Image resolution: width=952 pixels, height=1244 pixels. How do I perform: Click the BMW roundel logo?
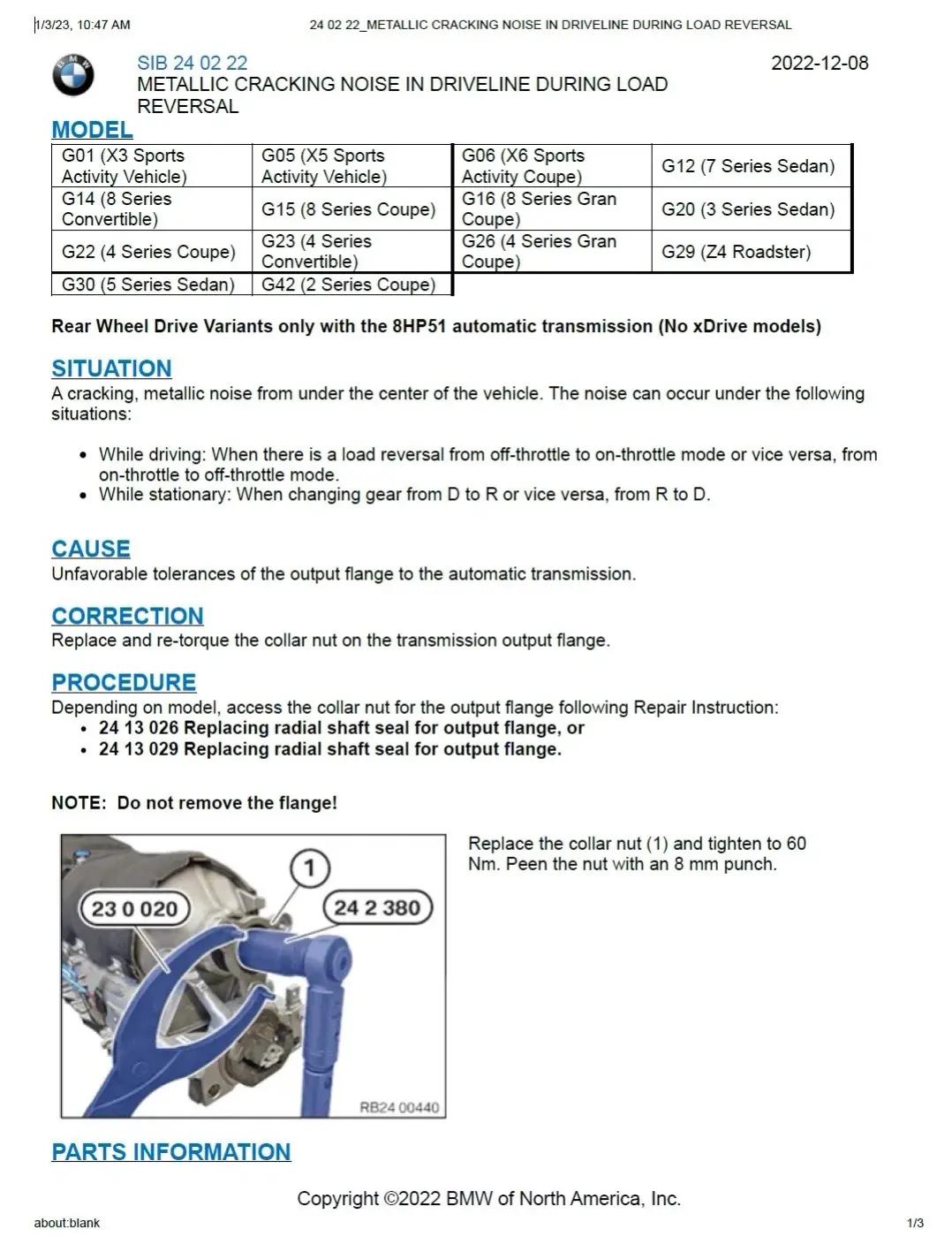[x=73, y=75]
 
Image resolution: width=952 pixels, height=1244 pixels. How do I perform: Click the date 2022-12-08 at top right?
[x=819, y=63]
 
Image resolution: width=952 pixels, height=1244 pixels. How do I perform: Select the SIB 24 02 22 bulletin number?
[x=192, y=63]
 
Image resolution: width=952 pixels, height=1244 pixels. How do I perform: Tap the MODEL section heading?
[x=92, y=130]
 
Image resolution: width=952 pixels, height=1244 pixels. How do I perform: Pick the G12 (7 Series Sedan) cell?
[x=748, y=166]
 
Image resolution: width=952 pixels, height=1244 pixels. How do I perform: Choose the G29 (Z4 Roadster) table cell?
[x=736, y=252]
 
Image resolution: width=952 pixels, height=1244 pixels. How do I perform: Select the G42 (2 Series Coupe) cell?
[x=348, y=284]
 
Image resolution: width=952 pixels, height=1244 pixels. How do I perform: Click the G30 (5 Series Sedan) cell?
[x=148, y=284]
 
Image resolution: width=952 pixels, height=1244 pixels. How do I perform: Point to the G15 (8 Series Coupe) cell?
[x=348, y=209]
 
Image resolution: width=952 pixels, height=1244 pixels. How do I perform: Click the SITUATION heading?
[x=111, y=368]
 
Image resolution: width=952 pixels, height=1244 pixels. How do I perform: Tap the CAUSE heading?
[x=91, y=549]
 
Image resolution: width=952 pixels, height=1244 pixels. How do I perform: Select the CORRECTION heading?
[x=127, y=616]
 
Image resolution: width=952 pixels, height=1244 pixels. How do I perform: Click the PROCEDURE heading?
[x=124, y=682]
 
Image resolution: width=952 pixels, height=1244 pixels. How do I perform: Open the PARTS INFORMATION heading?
[x=171, y=1152]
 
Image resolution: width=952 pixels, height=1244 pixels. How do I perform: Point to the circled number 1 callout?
[x=309, y=869]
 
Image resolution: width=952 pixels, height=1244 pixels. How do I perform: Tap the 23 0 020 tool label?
[x=134, y=908]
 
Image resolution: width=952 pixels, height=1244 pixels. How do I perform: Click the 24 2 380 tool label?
[x=377, y=907]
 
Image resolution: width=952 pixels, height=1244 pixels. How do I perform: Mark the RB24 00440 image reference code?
[x=398, y=1107]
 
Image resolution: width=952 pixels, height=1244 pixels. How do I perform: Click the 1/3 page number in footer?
[x=915, y=1223]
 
